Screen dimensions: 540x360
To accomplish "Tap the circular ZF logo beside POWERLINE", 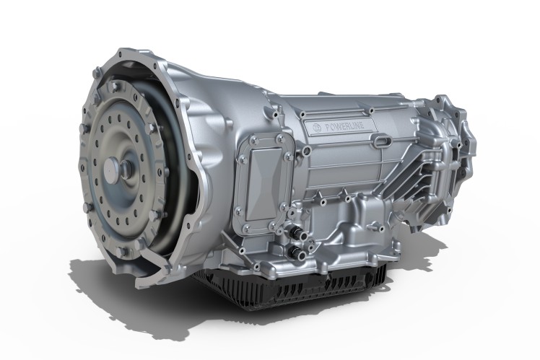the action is (x=315, y=128).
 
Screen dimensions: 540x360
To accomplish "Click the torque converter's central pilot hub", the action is (x=115, y=167).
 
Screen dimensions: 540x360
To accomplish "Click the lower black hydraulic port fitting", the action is (x=298, y=254).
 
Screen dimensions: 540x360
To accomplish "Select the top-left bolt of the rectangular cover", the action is (x=254, y=139).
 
